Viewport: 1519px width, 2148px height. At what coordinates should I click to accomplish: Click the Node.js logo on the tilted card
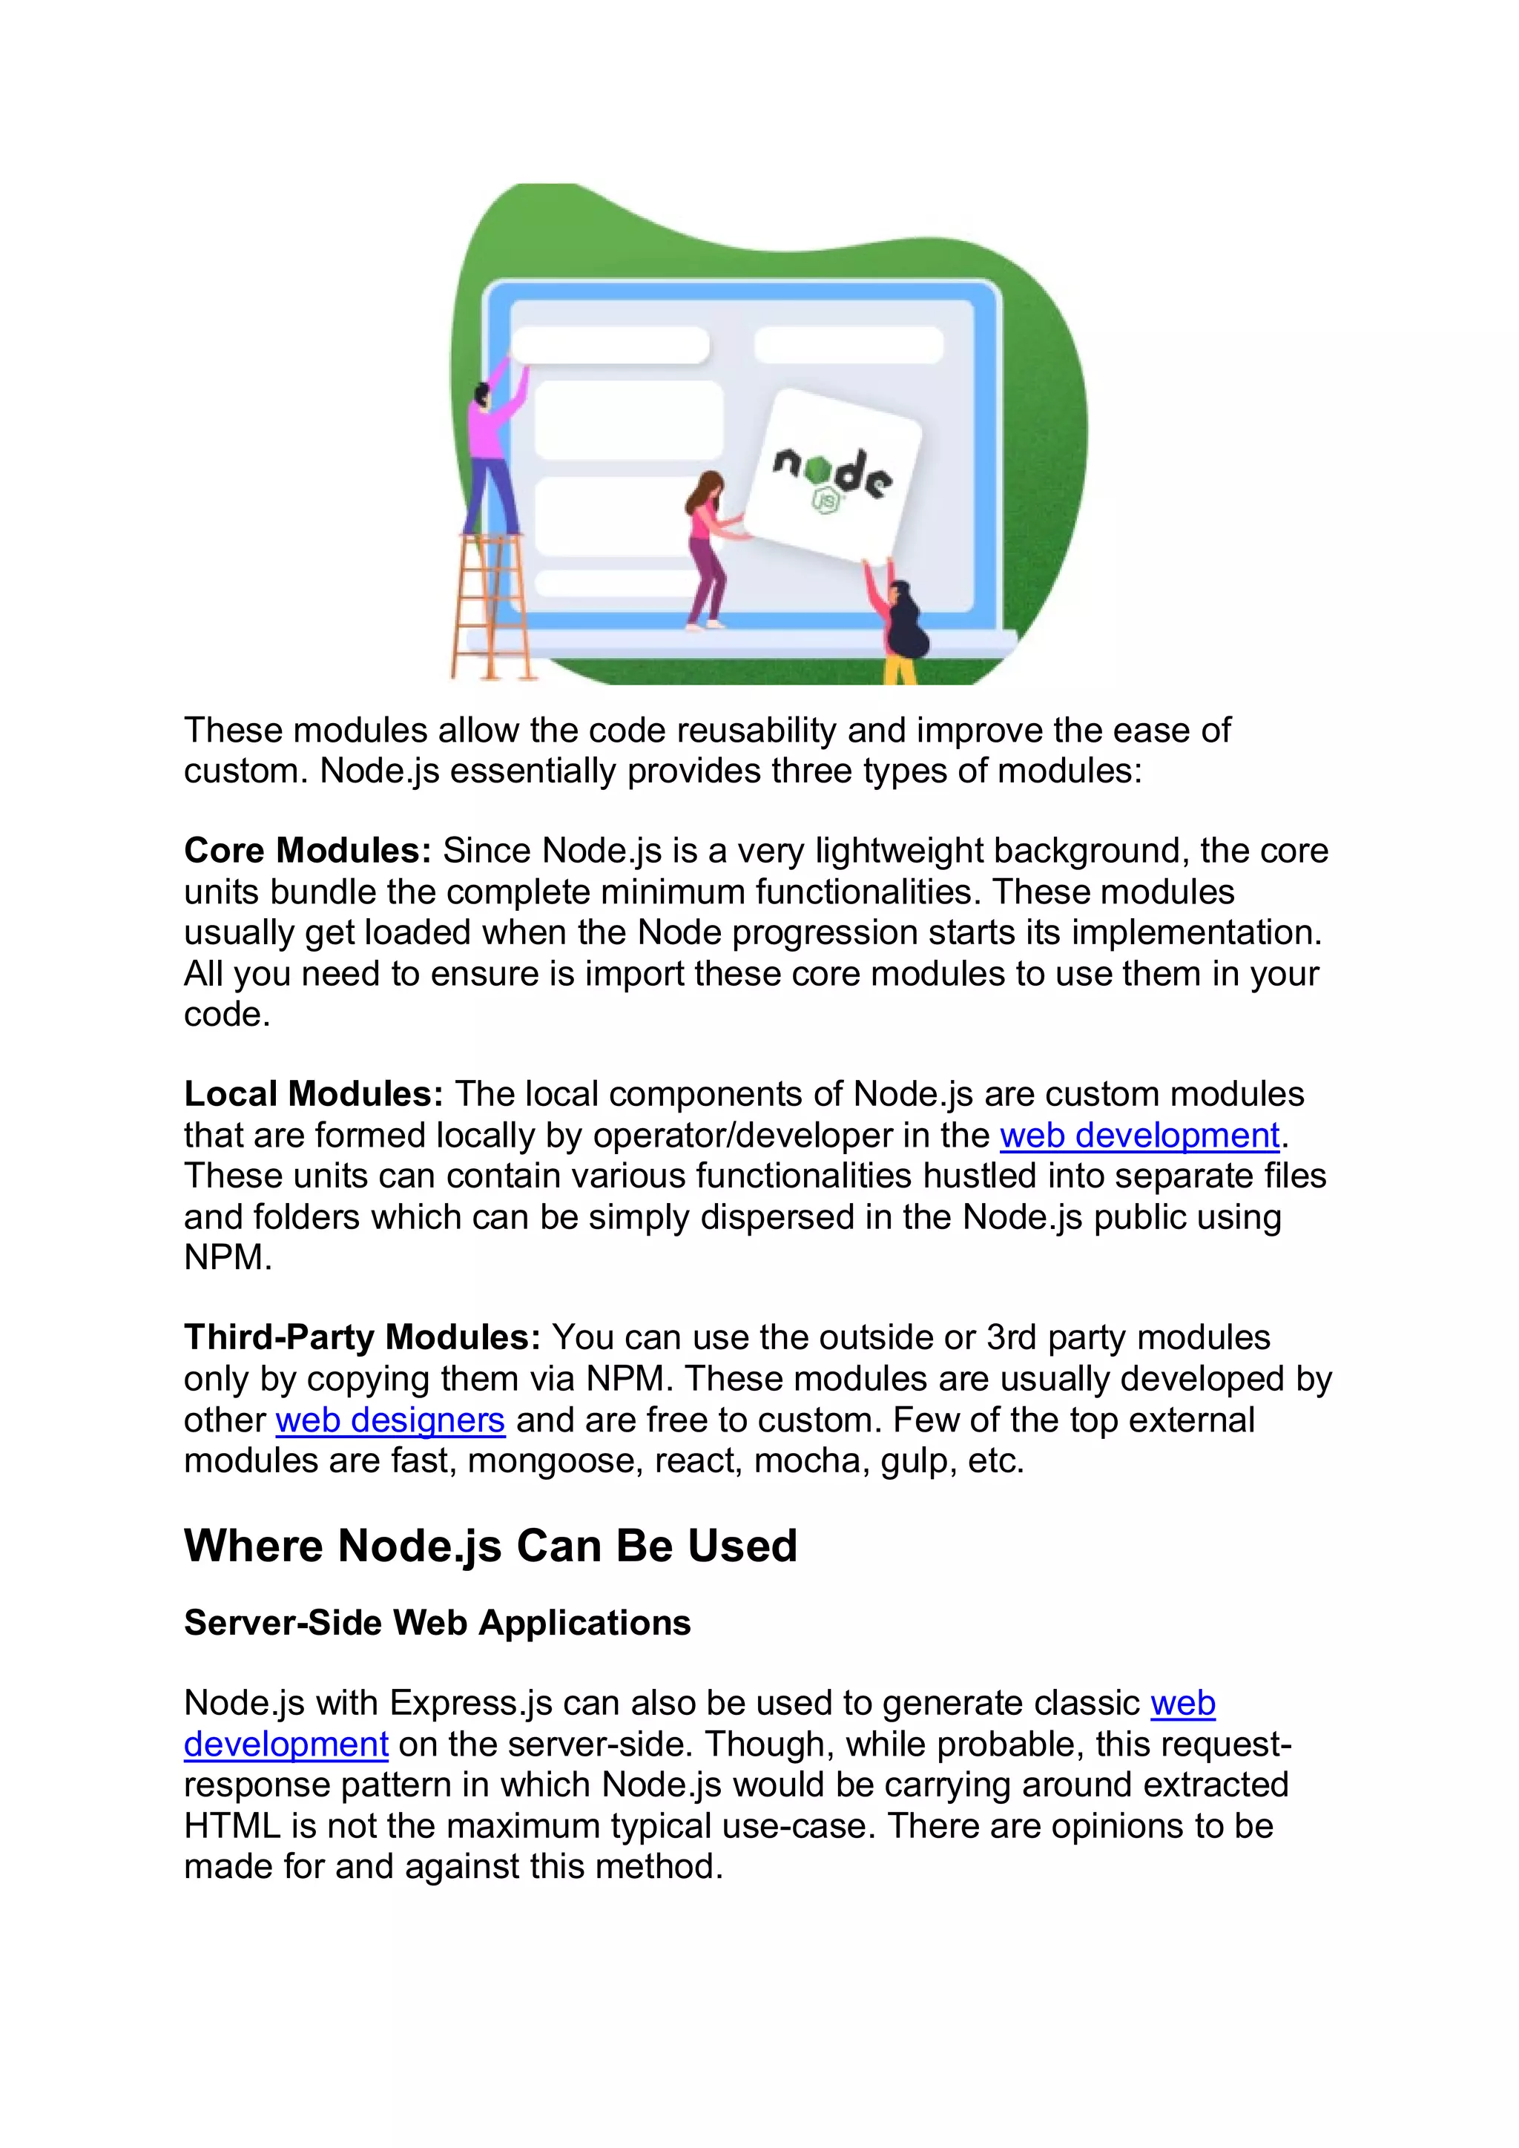[x=831, y=476]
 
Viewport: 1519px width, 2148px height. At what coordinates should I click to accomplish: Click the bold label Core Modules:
[x=307, y=851]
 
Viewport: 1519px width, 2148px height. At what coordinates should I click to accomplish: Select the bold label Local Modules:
[x=313, y=1093]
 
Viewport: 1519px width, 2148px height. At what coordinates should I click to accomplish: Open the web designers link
[x=390, y=1420]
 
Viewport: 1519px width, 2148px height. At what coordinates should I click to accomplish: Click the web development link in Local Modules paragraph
[x=1139, y=1135]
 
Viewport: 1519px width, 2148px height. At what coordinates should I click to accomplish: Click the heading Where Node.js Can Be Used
[x=490, y=1546]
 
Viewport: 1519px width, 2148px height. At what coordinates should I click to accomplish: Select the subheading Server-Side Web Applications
[x=437, y=1622]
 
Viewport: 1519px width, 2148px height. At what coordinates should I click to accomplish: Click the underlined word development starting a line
[x=286, y=1744]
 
